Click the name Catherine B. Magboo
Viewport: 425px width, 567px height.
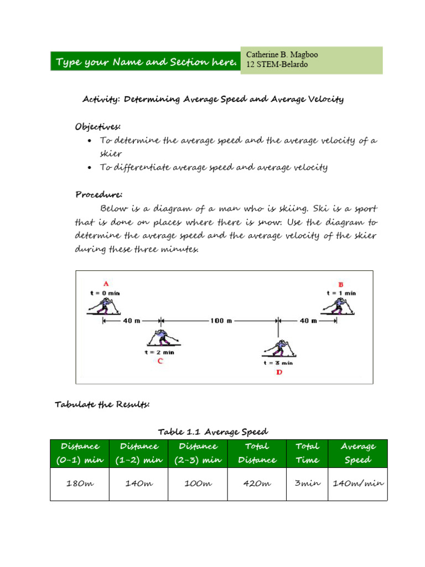click(x=282, y=55)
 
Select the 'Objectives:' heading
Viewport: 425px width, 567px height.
click(x=98, y=127)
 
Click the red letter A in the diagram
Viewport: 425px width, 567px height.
click(x=106, y=284)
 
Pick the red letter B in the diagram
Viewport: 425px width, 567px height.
click(x=340, y=284)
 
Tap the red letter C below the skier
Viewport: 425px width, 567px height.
click(x=160, y=361)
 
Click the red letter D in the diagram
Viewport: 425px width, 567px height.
click(x=278, y=372)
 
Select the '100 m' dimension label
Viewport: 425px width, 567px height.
click(x=220, y=320)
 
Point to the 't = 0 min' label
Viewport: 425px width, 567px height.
click(x=105, y=292)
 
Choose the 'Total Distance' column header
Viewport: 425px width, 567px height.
click(x=257, y=453)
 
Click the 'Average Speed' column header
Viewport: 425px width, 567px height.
click(x=357, y=453)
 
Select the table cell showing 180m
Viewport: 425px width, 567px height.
click(x=80, y=483)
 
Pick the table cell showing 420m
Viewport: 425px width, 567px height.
click(x=257, y=483)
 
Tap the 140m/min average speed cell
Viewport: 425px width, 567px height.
click(x=357, y=483)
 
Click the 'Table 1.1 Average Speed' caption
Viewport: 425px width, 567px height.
click(x=213, y=431)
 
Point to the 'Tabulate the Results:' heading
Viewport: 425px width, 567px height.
click(x=102, y=405)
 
